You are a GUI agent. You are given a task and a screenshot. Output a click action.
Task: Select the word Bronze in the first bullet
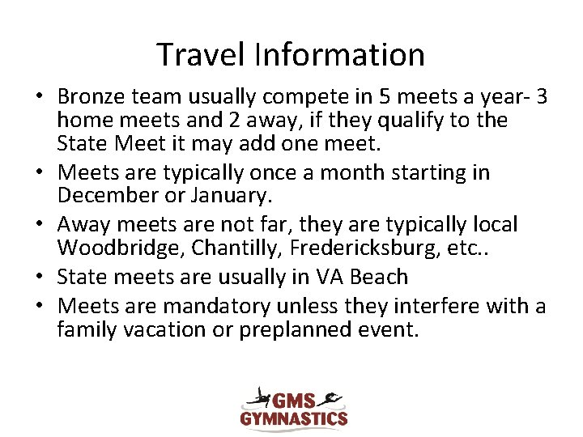[90, 97]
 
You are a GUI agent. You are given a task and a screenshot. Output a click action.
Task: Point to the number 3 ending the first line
[542, 97]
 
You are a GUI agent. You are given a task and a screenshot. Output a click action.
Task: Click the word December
[105, 195]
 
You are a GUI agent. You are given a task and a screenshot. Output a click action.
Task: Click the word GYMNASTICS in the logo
[294, 418]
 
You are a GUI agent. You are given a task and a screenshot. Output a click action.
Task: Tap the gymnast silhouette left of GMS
[260, 397]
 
